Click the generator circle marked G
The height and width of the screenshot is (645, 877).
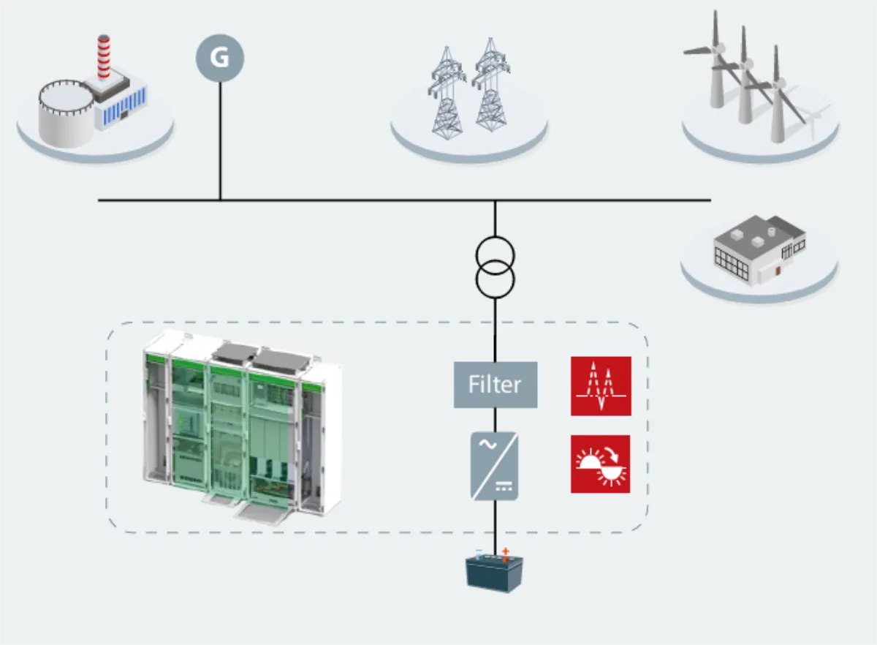coord(220,58)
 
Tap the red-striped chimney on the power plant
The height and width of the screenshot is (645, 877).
coord(104,56)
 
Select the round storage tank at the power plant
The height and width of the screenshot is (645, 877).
coord(65,113)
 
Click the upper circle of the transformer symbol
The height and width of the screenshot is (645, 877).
coord(496,255)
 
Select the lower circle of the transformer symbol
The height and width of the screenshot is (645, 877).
coord(496,280)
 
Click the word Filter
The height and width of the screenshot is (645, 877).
coord(495,385)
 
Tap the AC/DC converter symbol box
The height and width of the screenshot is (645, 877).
coord(495,466)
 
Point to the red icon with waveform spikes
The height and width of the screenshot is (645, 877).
coord(601,386)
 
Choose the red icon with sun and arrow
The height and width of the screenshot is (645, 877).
coord(601,464)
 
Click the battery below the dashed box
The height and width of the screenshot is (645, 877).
coord(494,572)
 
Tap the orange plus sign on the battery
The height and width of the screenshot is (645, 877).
coord(506,551)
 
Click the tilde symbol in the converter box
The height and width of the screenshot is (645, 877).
coord(488,445)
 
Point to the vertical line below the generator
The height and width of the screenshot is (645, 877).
coord(220,141)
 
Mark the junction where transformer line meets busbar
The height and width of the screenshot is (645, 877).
coord(496,200)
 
